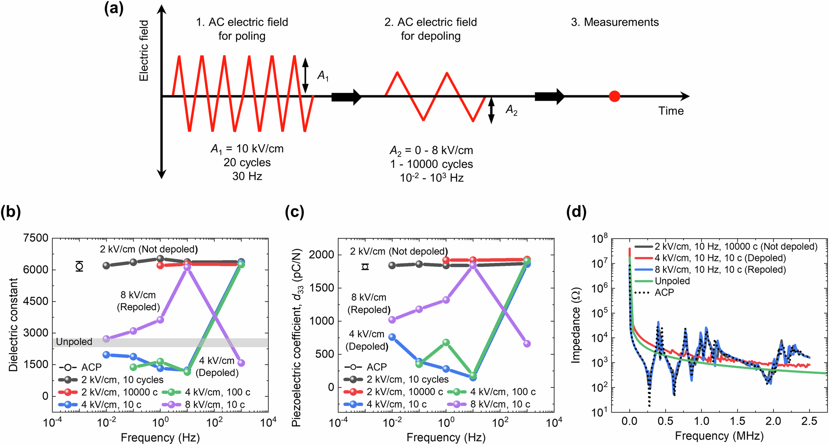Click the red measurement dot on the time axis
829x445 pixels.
click(614, 97)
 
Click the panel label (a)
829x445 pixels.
click(114, 9)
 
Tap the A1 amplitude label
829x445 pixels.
click(323, 76)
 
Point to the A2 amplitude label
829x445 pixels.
click(511, 110)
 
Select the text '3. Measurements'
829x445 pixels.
click(615, 22)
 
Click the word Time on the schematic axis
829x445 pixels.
click(671, 111)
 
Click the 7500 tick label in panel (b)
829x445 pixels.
click(36, 238)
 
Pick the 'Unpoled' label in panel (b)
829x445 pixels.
click(74, 342)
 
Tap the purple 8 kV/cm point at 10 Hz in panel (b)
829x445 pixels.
click(187, 267)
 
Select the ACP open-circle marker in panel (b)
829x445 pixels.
click(80, 266)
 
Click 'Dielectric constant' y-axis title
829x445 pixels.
click(14, 324)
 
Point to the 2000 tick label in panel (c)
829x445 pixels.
click(322, 255)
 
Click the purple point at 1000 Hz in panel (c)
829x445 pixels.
click(527, 343)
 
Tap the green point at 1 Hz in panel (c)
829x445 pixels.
click(446, 343)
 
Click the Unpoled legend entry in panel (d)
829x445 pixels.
click(672, 281)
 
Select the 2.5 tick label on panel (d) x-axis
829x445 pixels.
click(809, 422)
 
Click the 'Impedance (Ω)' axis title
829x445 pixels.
click(576, 325)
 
